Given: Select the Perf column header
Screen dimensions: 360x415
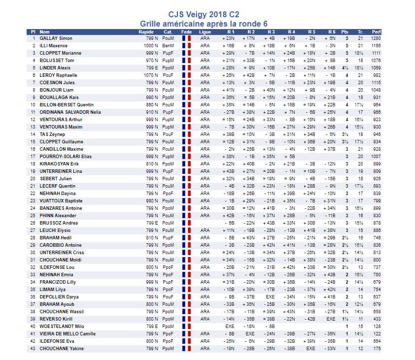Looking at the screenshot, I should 377,32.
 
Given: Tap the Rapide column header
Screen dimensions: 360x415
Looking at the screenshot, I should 146,32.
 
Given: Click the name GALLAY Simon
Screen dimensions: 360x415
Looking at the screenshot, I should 56,38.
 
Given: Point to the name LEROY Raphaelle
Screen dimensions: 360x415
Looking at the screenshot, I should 58,75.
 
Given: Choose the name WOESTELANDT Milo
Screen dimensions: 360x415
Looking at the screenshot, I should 62,327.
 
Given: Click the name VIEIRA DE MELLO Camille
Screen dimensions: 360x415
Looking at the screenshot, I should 67,334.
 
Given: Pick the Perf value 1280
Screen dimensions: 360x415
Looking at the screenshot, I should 376,38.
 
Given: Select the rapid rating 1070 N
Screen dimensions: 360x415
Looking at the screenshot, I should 151,75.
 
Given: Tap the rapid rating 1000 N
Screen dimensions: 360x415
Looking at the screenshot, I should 151,45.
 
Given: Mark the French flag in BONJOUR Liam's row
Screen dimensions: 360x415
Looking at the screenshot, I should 186,90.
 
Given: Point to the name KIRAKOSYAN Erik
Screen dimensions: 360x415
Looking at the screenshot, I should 59,164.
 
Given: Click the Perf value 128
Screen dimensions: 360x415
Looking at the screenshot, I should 377,327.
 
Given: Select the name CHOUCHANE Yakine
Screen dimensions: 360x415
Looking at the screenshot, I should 62,349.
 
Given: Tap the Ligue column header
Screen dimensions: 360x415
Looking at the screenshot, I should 205,32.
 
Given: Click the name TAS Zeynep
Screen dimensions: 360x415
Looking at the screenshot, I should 53,134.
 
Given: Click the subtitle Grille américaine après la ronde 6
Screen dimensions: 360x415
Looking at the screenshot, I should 204,24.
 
